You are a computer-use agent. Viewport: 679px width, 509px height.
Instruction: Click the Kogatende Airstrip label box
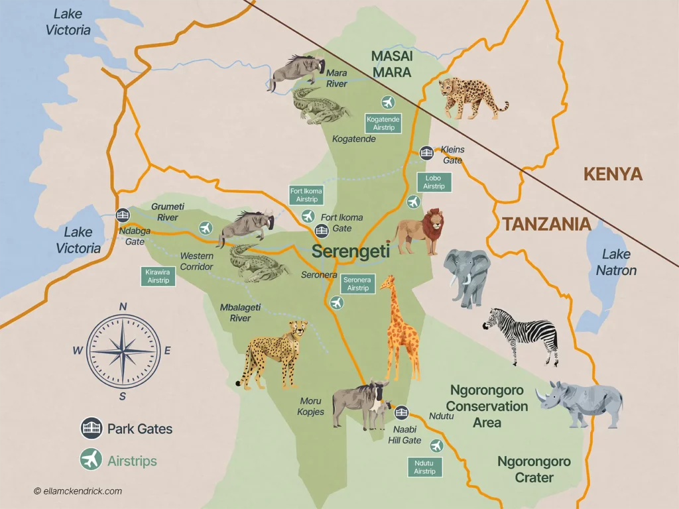point(383,123)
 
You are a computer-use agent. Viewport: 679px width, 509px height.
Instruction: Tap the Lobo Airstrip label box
point(434,182)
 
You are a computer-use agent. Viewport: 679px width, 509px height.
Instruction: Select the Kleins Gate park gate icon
point(426,153)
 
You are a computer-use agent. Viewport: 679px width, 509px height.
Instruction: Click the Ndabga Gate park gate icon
point(122,215)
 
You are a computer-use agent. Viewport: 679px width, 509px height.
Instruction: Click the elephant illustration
point(467,276)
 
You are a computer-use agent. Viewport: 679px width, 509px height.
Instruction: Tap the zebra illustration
point(521,335)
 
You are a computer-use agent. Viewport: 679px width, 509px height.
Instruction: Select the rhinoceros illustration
point(580,402)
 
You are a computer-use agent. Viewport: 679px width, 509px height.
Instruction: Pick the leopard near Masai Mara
point(472,97)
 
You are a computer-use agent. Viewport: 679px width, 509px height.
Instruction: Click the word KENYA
point(613,174)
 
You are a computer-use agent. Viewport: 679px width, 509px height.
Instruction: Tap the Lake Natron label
point(616,262)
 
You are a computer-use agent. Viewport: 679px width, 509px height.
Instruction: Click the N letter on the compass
point(123,306)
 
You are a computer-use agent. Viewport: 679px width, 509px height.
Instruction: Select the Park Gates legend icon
point(91,429)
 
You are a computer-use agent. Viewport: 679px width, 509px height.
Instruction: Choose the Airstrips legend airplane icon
point(91,460)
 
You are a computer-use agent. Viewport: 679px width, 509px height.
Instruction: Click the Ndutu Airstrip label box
point(424,467)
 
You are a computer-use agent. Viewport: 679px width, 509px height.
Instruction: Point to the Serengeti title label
point(350,252)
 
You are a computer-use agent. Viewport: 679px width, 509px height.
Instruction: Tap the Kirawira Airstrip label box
point(158,276)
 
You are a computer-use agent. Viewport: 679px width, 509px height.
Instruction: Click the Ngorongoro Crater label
point(534,469)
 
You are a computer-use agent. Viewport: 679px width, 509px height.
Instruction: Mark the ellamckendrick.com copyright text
point(78,491)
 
